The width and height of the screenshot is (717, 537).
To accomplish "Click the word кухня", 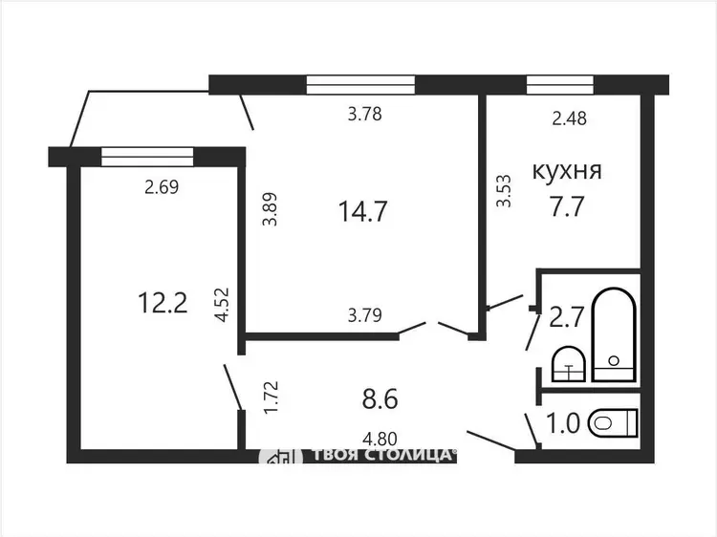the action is pos(567,172).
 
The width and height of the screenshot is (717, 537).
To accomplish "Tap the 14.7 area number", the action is pos(363,211).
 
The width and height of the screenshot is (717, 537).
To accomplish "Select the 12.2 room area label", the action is pos(163,303).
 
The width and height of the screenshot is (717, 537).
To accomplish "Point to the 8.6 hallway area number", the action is pos(380,398).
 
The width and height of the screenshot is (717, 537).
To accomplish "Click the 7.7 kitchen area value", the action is pos(567,206).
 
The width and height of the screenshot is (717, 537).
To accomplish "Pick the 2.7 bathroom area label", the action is pos(567,316).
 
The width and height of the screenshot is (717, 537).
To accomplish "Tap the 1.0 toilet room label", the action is pos(563,423).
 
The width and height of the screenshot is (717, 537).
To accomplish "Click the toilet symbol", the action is pos(614,422).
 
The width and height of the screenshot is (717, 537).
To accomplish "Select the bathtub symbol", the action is pos(614,334).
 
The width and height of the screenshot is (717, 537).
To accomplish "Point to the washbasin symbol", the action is pos(569,364).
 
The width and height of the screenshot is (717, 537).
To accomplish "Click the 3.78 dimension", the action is pos(364,114).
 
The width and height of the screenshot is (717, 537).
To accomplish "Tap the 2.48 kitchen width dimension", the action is pos(570,118).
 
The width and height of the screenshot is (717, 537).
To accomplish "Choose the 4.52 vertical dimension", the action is pos(222,305).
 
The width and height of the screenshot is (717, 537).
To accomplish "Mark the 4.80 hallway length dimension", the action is pos(380,440).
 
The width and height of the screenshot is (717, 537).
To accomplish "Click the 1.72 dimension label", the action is pos(271,397).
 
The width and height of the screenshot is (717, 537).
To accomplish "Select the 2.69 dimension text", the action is pos(162,187).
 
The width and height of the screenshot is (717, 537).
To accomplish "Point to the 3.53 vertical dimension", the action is pos(504,191).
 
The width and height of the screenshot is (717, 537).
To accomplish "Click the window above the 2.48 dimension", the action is pos(560,84).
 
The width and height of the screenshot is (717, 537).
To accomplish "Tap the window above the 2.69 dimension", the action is pos(147,157).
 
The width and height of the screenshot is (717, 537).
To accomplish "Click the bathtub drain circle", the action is pos(614,360).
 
